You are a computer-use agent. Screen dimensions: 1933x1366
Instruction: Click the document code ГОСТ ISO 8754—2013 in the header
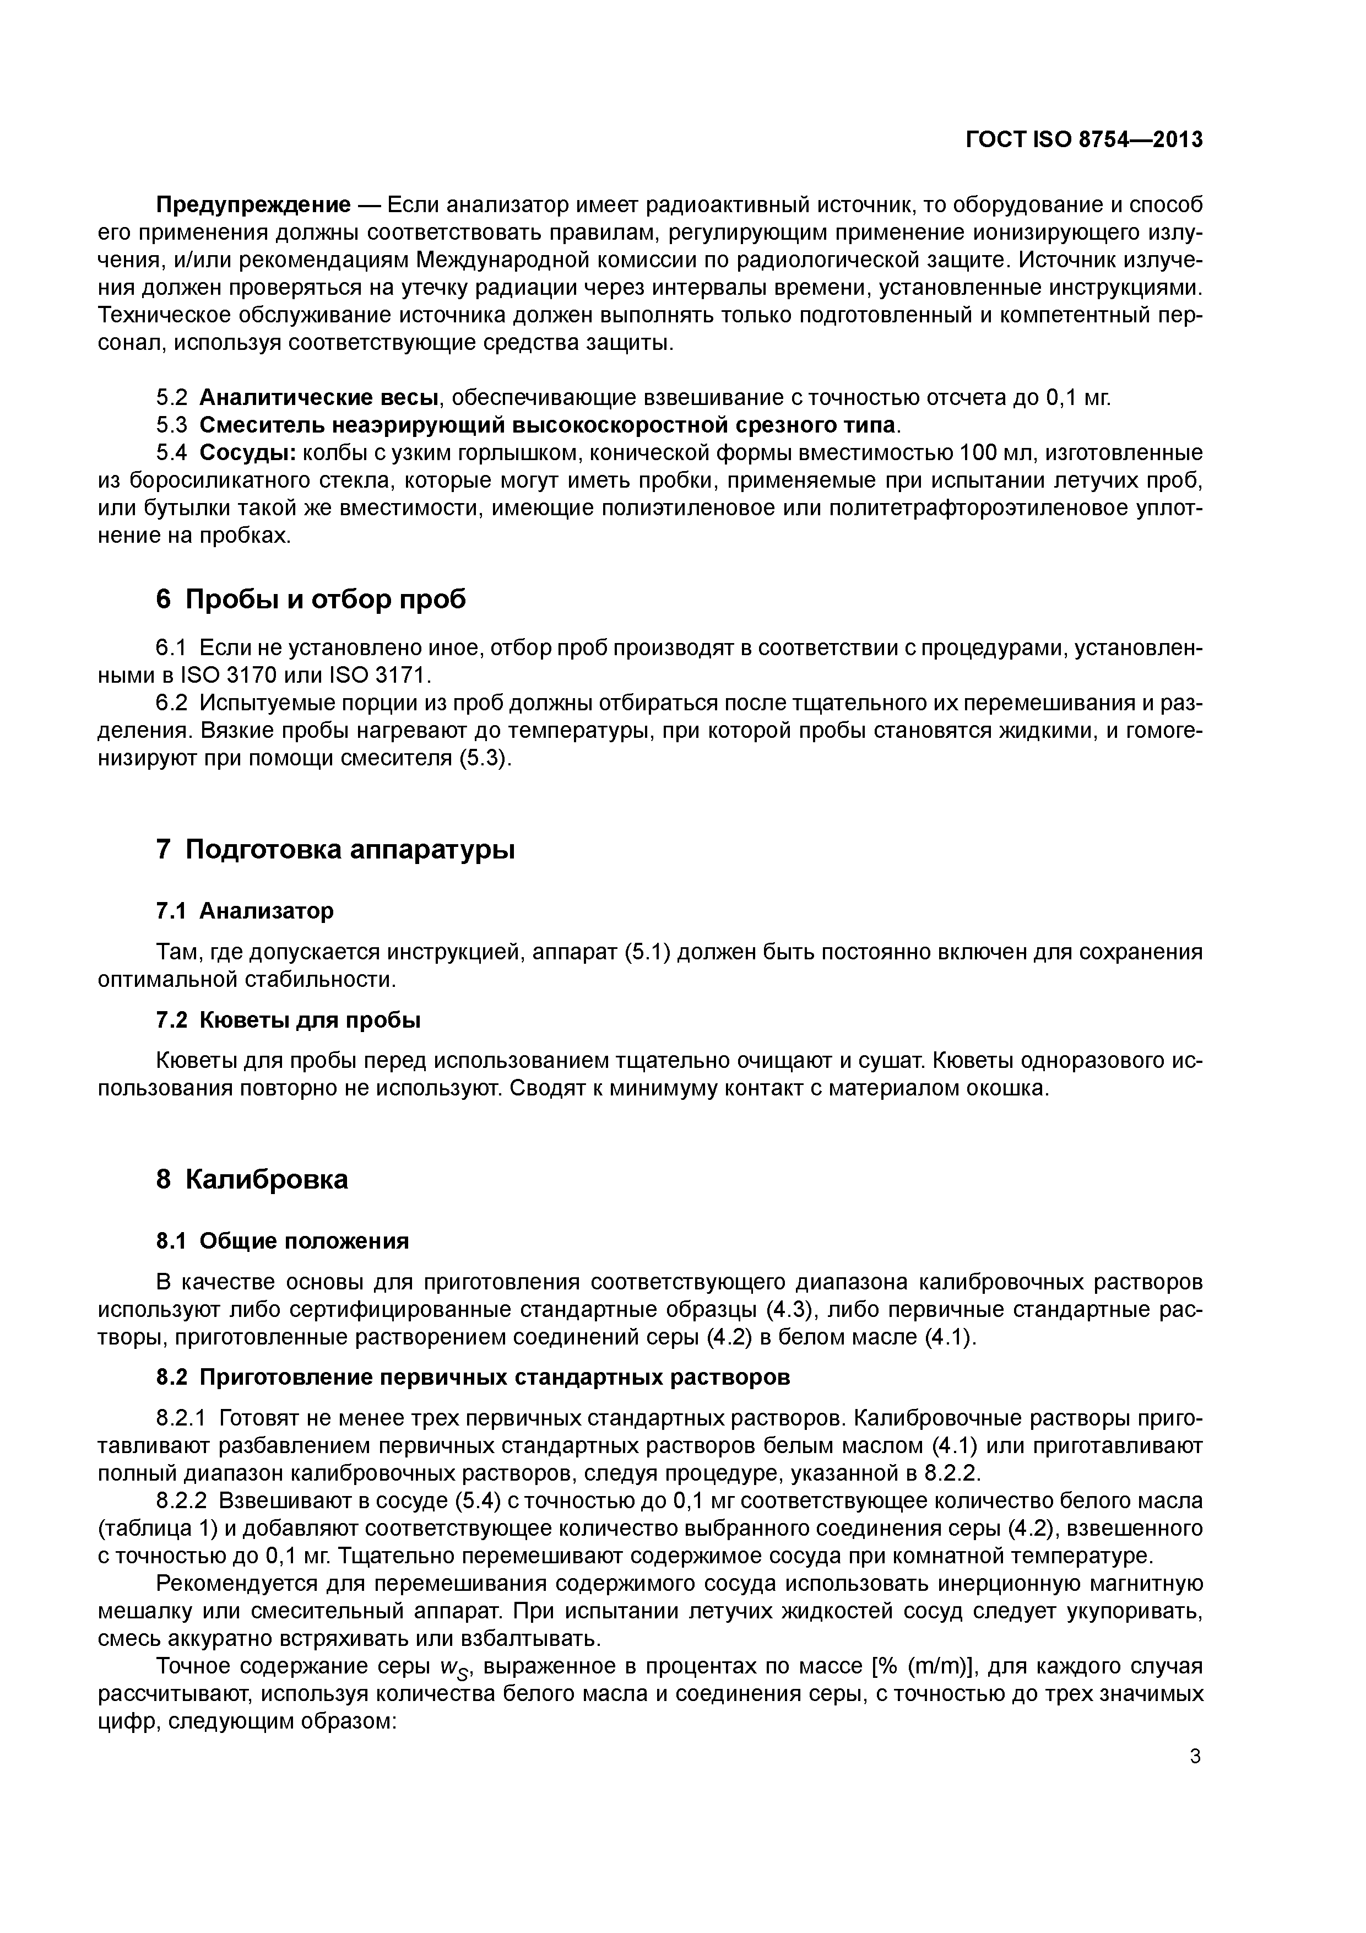[x=1083, y=140]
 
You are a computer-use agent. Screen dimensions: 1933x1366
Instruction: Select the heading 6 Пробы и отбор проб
[x=311, y=600]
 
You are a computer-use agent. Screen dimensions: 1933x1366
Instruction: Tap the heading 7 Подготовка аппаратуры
[x=335, y=850]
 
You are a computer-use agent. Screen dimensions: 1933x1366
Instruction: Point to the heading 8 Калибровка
[x=252, y=1180]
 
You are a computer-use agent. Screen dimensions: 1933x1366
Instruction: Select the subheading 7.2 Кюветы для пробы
[x=288, y=1021]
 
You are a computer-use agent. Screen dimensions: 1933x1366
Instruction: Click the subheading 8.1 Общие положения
[x=282, y=1241]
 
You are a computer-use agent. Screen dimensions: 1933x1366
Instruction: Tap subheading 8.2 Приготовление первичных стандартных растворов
[x=473, y=1378]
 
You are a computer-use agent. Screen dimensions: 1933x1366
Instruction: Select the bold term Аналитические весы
[x=321, y=397]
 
